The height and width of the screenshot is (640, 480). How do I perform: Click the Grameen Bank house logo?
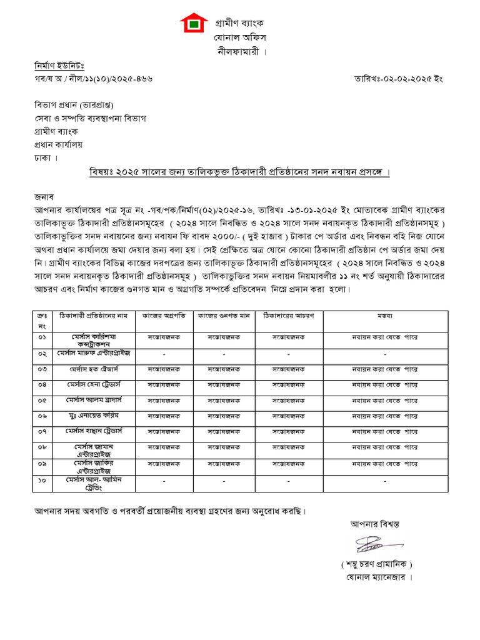coord(194,24)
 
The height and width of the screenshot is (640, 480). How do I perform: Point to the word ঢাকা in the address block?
coord(43,157)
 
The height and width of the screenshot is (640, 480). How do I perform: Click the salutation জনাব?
coord(45,196)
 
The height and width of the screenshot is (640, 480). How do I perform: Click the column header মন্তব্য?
coord(384,316)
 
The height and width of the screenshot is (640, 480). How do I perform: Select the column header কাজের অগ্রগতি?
coord(164,316)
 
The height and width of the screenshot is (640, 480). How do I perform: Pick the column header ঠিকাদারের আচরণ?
coord(289,316)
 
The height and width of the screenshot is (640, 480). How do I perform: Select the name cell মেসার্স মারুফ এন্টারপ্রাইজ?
coord(94,353)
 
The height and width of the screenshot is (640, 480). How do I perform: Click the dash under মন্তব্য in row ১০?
coord(384,481)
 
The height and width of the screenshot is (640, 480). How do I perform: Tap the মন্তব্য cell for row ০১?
coord(384,337)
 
